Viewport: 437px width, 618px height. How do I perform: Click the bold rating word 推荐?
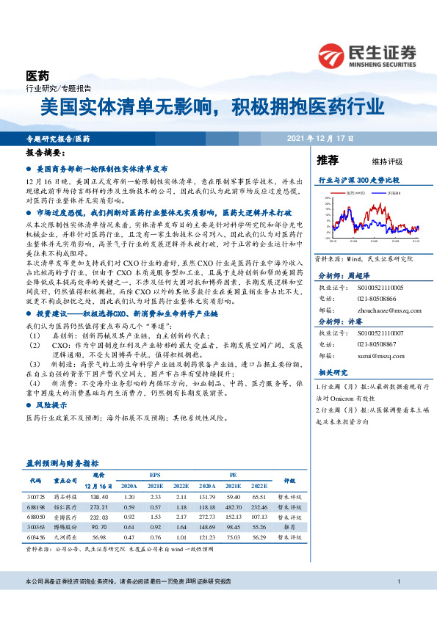327,159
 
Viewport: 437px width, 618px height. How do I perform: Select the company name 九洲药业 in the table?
67,537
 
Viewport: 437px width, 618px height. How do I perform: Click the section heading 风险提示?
48,404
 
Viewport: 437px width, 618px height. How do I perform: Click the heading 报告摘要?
44,156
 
